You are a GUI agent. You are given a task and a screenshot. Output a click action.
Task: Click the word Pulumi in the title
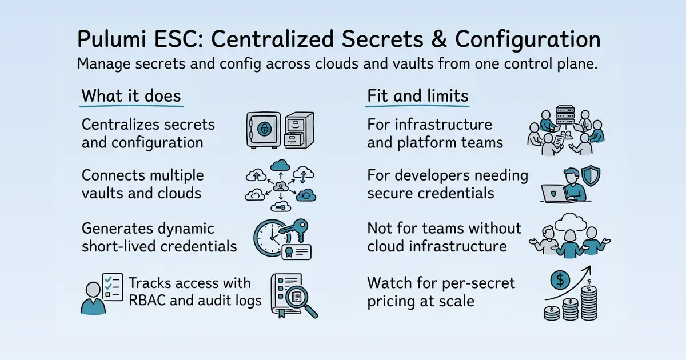112,39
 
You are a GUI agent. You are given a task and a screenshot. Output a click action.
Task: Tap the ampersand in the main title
439,39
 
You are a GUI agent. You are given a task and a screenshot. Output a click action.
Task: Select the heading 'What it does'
131,96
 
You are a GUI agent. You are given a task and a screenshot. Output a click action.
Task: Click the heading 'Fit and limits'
418,96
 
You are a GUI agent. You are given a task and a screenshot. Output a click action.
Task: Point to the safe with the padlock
264,130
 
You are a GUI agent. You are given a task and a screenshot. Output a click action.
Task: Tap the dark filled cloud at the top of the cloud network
280,165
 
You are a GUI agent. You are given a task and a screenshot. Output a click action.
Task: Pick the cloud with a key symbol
281,206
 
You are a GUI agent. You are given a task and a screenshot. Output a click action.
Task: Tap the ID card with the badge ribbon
296,252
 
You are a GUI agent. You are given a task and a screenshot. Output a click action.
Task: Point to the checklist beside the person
113,287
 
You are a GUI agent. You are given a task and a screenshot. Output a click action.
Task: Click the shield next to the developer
591,175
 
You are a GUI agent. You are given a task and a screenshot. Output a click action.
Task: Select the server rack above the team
565,114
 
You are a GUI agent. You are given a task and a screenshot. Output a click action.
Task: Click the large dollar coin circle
560,280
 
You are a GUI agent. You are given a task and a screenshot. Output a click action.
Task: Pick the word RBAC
147,301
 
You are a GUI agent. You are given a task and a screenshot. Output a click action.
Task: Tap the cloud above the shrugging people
571,222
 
